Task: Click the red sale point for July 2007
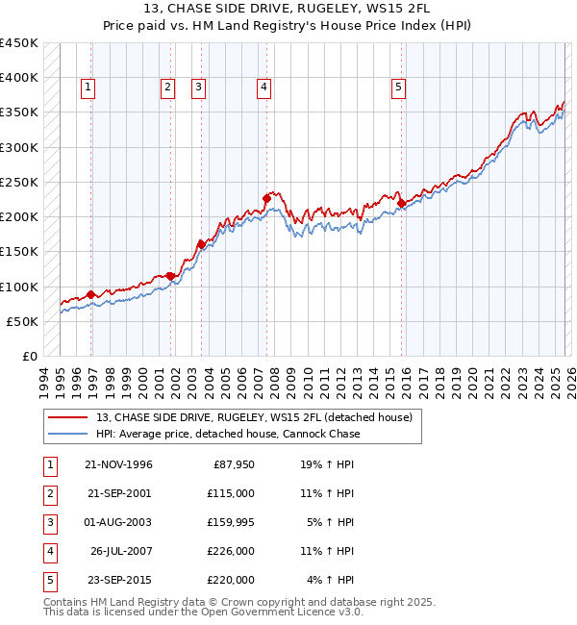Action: (266, 199)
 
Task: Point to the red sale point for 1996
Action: (91, 294)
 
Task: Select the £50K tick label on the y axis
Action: (22, 321)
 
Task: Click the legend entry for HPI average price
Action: (228, 434)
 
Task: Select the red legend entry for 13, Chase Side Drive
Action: (254, 416)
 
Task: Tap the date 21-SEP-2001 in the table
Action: (118, 493)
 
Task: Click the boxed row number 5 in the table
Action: (48, 580)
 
